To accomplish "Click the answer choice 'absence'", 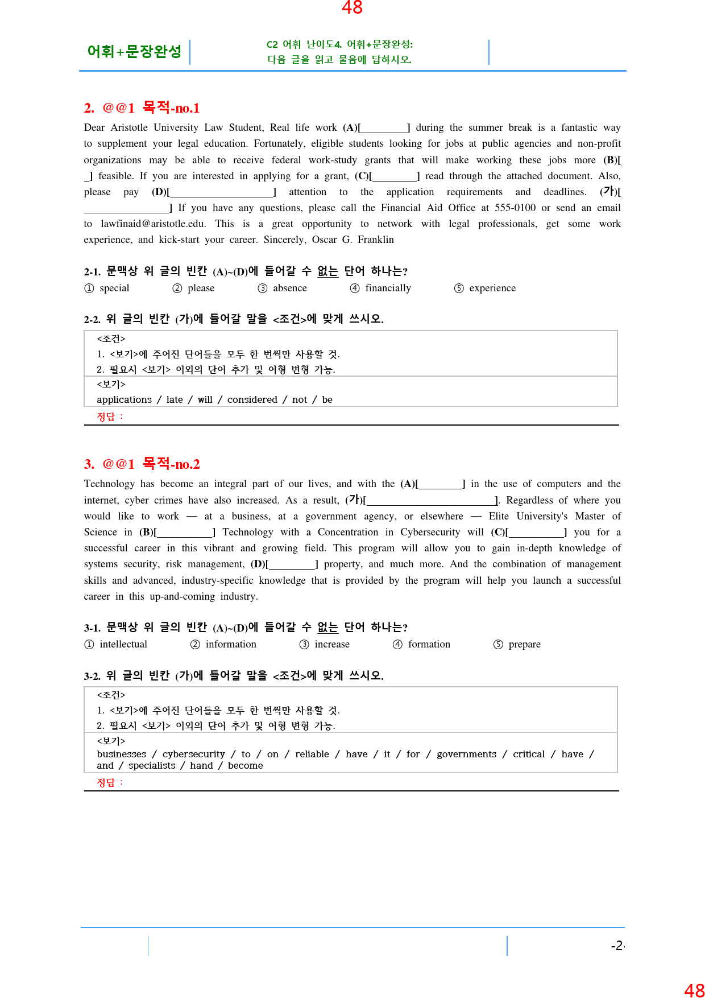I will (x=289, y=288).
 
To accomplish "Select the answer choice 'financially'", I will (x=388, y=288).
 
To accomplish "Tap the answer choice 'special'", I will (x=114, y=288).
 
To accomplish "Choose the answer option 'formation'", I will (x=429, y=644).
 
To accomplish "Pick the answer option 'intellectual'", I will (x=123, y=644).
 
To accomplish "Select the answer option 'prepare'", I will (x=524, y=644).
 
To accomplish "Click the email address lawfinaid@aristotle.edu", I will (x=153, y=224).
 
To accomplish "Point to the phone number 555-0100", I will (x=515, y=208).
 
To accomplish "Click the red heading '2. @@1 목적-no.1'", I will (x=142, y=108).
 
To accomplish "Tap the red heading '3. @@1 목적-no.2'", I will (x=142, y=464).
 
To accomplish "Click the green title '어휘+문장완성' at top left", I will (x=134, y=52).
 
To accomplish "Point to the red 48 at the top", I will (x=352, y=7).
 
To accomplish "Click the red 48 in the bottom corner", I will (x=694, y=991).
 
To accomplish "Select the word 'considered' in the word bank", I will (x=252, y=399).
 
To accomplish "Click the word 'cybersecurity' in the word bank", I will (x=193, y=754).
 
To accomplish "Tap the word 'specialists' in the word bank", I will (x=152, y=765).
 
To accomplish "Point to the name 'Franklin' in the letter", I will (x=375, y=240).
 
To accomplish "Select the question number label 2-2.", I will (x=92, y=319).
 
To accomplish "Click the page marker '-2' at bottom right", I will (x=617, y=946).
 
